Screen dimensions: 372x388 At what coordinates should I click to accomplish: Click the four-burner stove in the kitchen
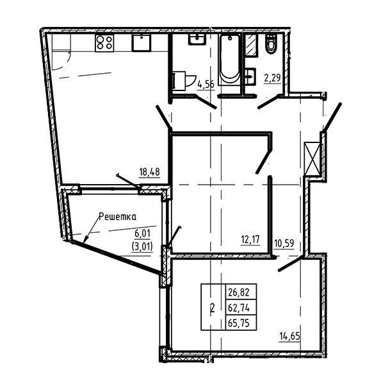pyautogui.click(x=105, y=43)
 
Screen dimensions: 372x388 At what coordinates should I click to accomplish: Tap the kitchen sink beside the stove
pyautogui.click(x=142, y=42)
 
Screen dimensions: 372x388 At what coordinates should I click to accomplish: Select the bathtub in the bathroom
pyautogui.click(x=229, y=59)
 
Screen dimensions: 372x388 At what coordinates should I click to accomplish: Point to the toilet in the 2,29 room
pyautogui.click(x=271, y=44)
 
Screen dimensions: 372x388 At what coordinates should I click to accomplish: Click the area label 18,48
pyautogui.click(x=149, y=172)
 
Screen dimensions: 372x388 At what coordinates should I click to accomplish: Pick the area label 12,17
pyautogui.click(x=250, y=239)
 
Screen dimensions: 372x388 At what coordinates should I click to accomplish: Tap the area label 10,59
pyautogui.click(x=284, y=243)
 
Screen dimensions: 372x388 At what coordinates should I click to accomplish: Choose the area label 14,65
pyautogui.click(x=290, y=337)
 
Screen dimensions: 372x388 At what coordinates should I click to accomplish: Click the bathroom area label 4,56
pyautogui.click(x=206, y=85)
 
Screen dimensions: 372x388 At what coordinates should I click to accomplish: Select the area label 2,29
pyautogui.click(x=273, y=78)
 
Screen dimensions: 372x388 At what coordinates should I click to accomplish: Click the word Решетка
pyautogui.click(x=118, y=217)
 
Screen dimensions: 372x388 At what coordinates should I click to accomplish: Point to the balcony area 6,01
pyautogui.click(x=142, y=233)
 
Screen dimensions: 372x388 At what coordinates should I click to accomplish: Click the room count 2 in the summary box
pyautogui.click(x=213, y=308)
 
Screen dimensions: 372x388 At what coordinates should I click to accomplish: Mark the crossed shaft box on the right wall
pyautogui.click(x=312, y=158)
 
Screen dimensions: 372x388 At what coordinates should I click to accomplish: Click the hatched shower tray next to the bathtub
pyautogui.click(x=252, y=46)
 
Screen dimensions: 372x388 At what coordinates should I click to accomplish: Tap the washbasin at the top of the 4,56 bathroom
pyautogui.click(x=197, y=39)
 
